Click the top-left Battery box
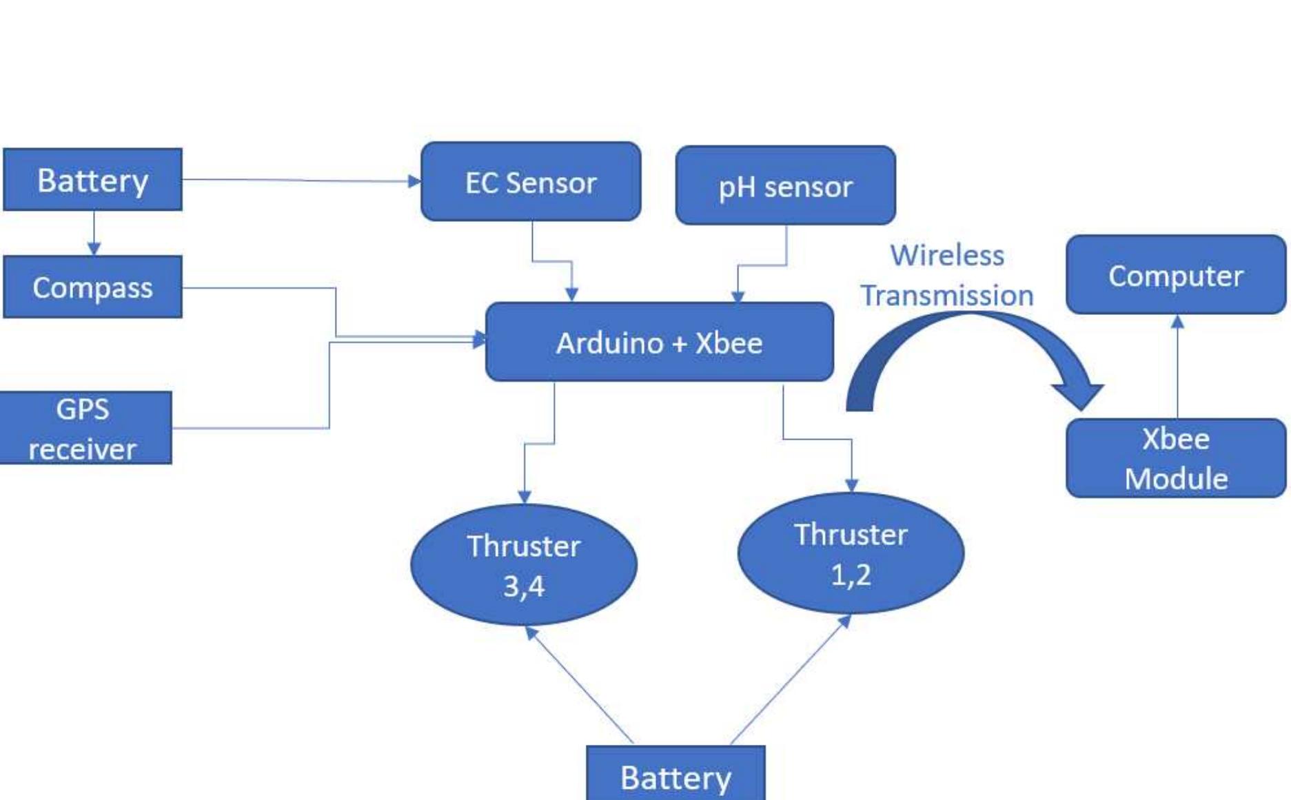tap(92, 180)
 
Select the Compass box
tap(92, 287)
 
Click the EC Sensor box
tap(530, 182)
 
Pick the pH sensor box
tap(785, 186)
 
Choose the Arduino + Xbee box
tap(659, 342)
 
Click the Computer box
tap(1175, 275)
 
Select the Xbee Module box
tap(1175, 458)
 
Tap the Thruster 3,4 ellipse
tap(523, 565)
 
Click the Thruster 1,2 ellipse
tap(851, 553)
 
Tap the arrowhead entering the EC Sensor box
tap(414, 181)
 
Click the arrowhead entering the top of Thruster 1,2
tap(852, 485)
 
